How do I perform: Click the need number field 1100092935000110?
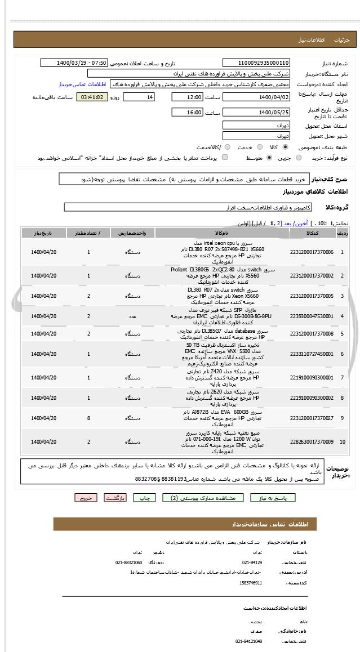[x=256, y=62]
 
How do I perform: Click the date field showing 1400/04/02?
[x=256, y=97]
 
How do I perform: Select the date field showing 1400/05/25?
[x=256, y=113]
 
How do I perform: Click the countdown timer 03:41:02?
[x=92, y=97]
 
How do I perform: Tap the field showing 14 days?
[x=138, y=97]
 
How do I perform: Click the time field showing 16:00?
[x=188, y=113]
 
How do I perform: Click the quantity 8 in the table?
[x=88, y=417]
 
